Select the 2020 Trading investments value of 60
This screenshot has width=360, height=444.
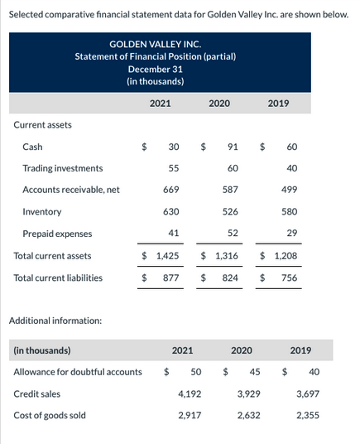pyautogui.click(x=233, y=168)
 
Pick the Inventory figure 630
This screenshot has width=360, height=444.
pyautogui.click(x=171, y=211)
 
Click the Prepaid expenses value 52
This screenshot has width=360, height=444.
pyautogui.click(x=233, y=233)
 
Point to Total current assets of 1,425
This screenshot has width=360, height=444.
pyautogui.click(x=166, y=256)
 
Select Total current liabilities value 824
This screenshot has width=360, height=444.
pyautogui.click(x=231, y=277)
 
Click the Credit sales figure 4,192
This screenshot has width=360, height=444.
pyautogui.click(x=190, y=394)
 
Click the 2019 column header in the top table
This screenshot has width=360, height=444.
pyautogui.click(x=278, y=104)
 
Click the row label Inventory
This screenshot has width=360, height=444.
pyautogui.click(x=41, y=211)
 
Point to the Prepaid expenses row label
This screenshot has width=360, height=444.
pyautogui.click(x=57, y=233)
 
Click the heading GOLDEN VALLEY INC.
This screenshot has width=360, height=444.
pyautogui.click(x=155, y=44)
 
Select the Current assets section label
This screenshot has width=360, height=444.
pyautogui.click(x=43, y=125)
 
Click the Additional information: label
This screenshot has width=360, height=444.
pyautogui.click(x=55, y=320)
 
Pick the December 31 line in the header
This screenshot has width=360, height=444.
pyautogui.click(x=155, y=70)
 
